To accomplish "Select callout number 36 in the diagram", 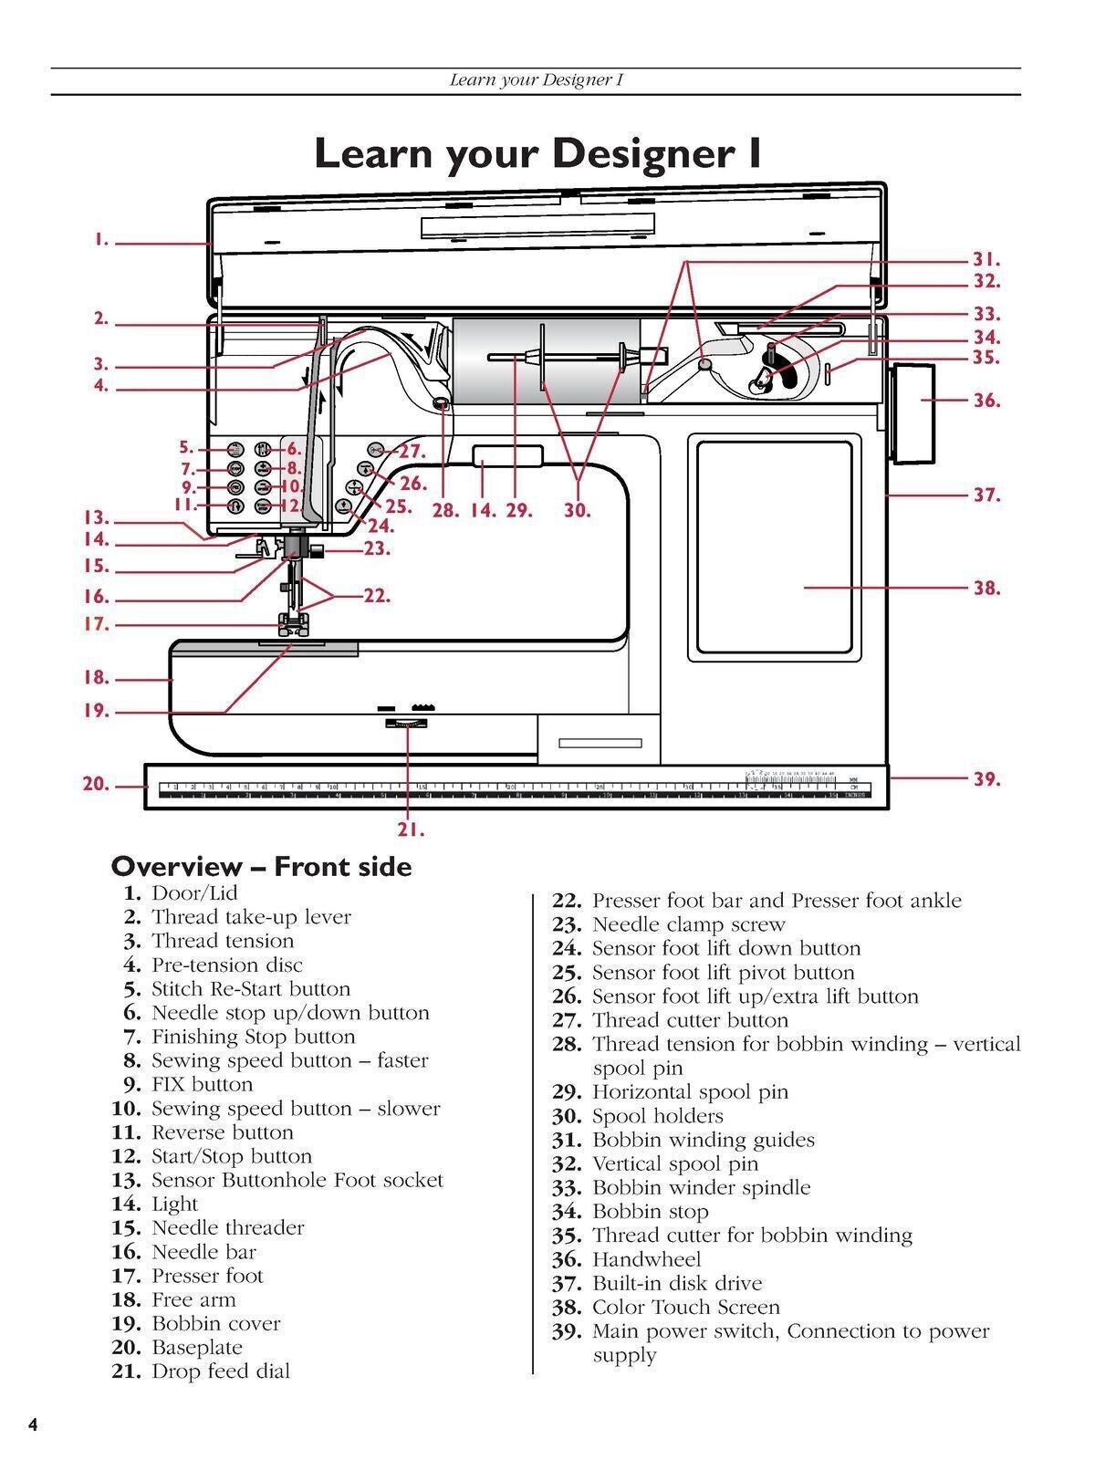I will click(x=986, y=401).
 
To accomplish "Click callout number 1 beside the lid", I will click(x=100, y=241).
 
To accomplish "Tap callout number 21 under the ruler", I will click(x=411, y=829).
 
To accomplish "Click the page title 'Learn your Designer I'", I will click(x=537, y=152).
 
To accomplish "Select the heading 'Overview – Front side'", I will click(x=261, y=866).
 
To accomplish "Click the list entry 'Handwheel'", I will click(x=646, y=1259).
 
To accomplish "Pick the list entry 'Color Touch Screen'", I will click(x=685, y=1307).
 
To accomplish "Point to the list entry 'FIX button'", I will click(x=202, y=1084).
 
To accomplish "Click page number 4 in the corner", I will click(x=33, y=1425).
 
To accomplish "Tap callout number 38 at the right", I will click(x=986, y=589).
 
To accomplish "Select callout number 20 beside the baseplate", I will click(x=96, y=784).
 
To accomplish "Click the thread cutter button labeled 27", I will click(x=377, y=450).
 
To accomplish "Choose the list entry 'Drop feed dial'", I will click(x=220, y=1371).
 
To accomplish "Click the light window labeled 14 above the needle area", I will click(x=507, y=455).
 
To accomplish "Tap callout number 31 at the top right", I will click(x=986, y=260).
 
